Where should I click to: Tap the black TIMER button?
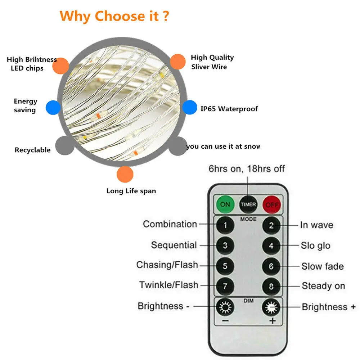coord(248,204)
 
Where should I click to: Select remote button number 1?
coord(225,225)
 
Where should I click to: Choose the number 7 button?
coord(225,286)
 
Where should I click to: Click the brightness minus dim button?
coord(225,307)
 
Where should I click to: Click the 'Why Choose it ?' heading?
coord(114,16)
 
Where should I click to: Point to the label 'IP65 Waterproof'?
coord(229,109)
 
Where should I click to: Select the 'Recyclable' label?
coord(32,150)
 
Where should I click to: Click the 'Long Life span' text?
coord(131,191)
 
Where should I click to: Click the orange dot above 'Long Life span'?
coord(125,174)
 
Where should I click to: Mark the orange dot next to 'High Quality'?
coord(177,62)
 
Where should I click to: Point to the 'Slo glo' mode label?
coord(315,246)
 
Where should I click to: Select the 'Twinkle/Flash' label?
coord(168,285)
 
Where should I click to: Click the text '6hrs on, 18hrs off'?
coord(247,169)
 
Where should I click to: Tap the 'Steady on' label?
coord(323,286)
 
